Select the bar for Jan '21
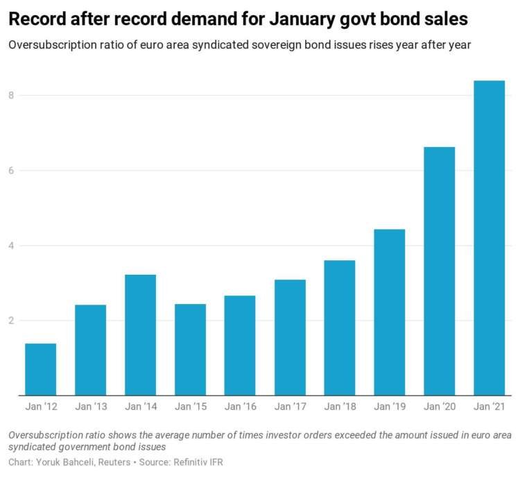(x=489, y=238)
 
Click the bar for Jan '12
(x=40, y=369)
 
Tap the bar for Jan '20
(x=439, y=271)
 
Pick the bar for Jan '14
(x=140, y=335)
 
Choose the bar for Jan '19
(x=389, y=312)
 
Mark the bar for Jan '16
(x=240, y=346)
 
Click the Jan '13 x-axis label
(x=90, y=406)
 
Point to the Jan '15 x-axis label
(x=190, y=406)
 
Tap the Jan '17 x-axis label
(x=290, y=406)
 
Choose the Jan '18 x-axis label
(x=340, y=406)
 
